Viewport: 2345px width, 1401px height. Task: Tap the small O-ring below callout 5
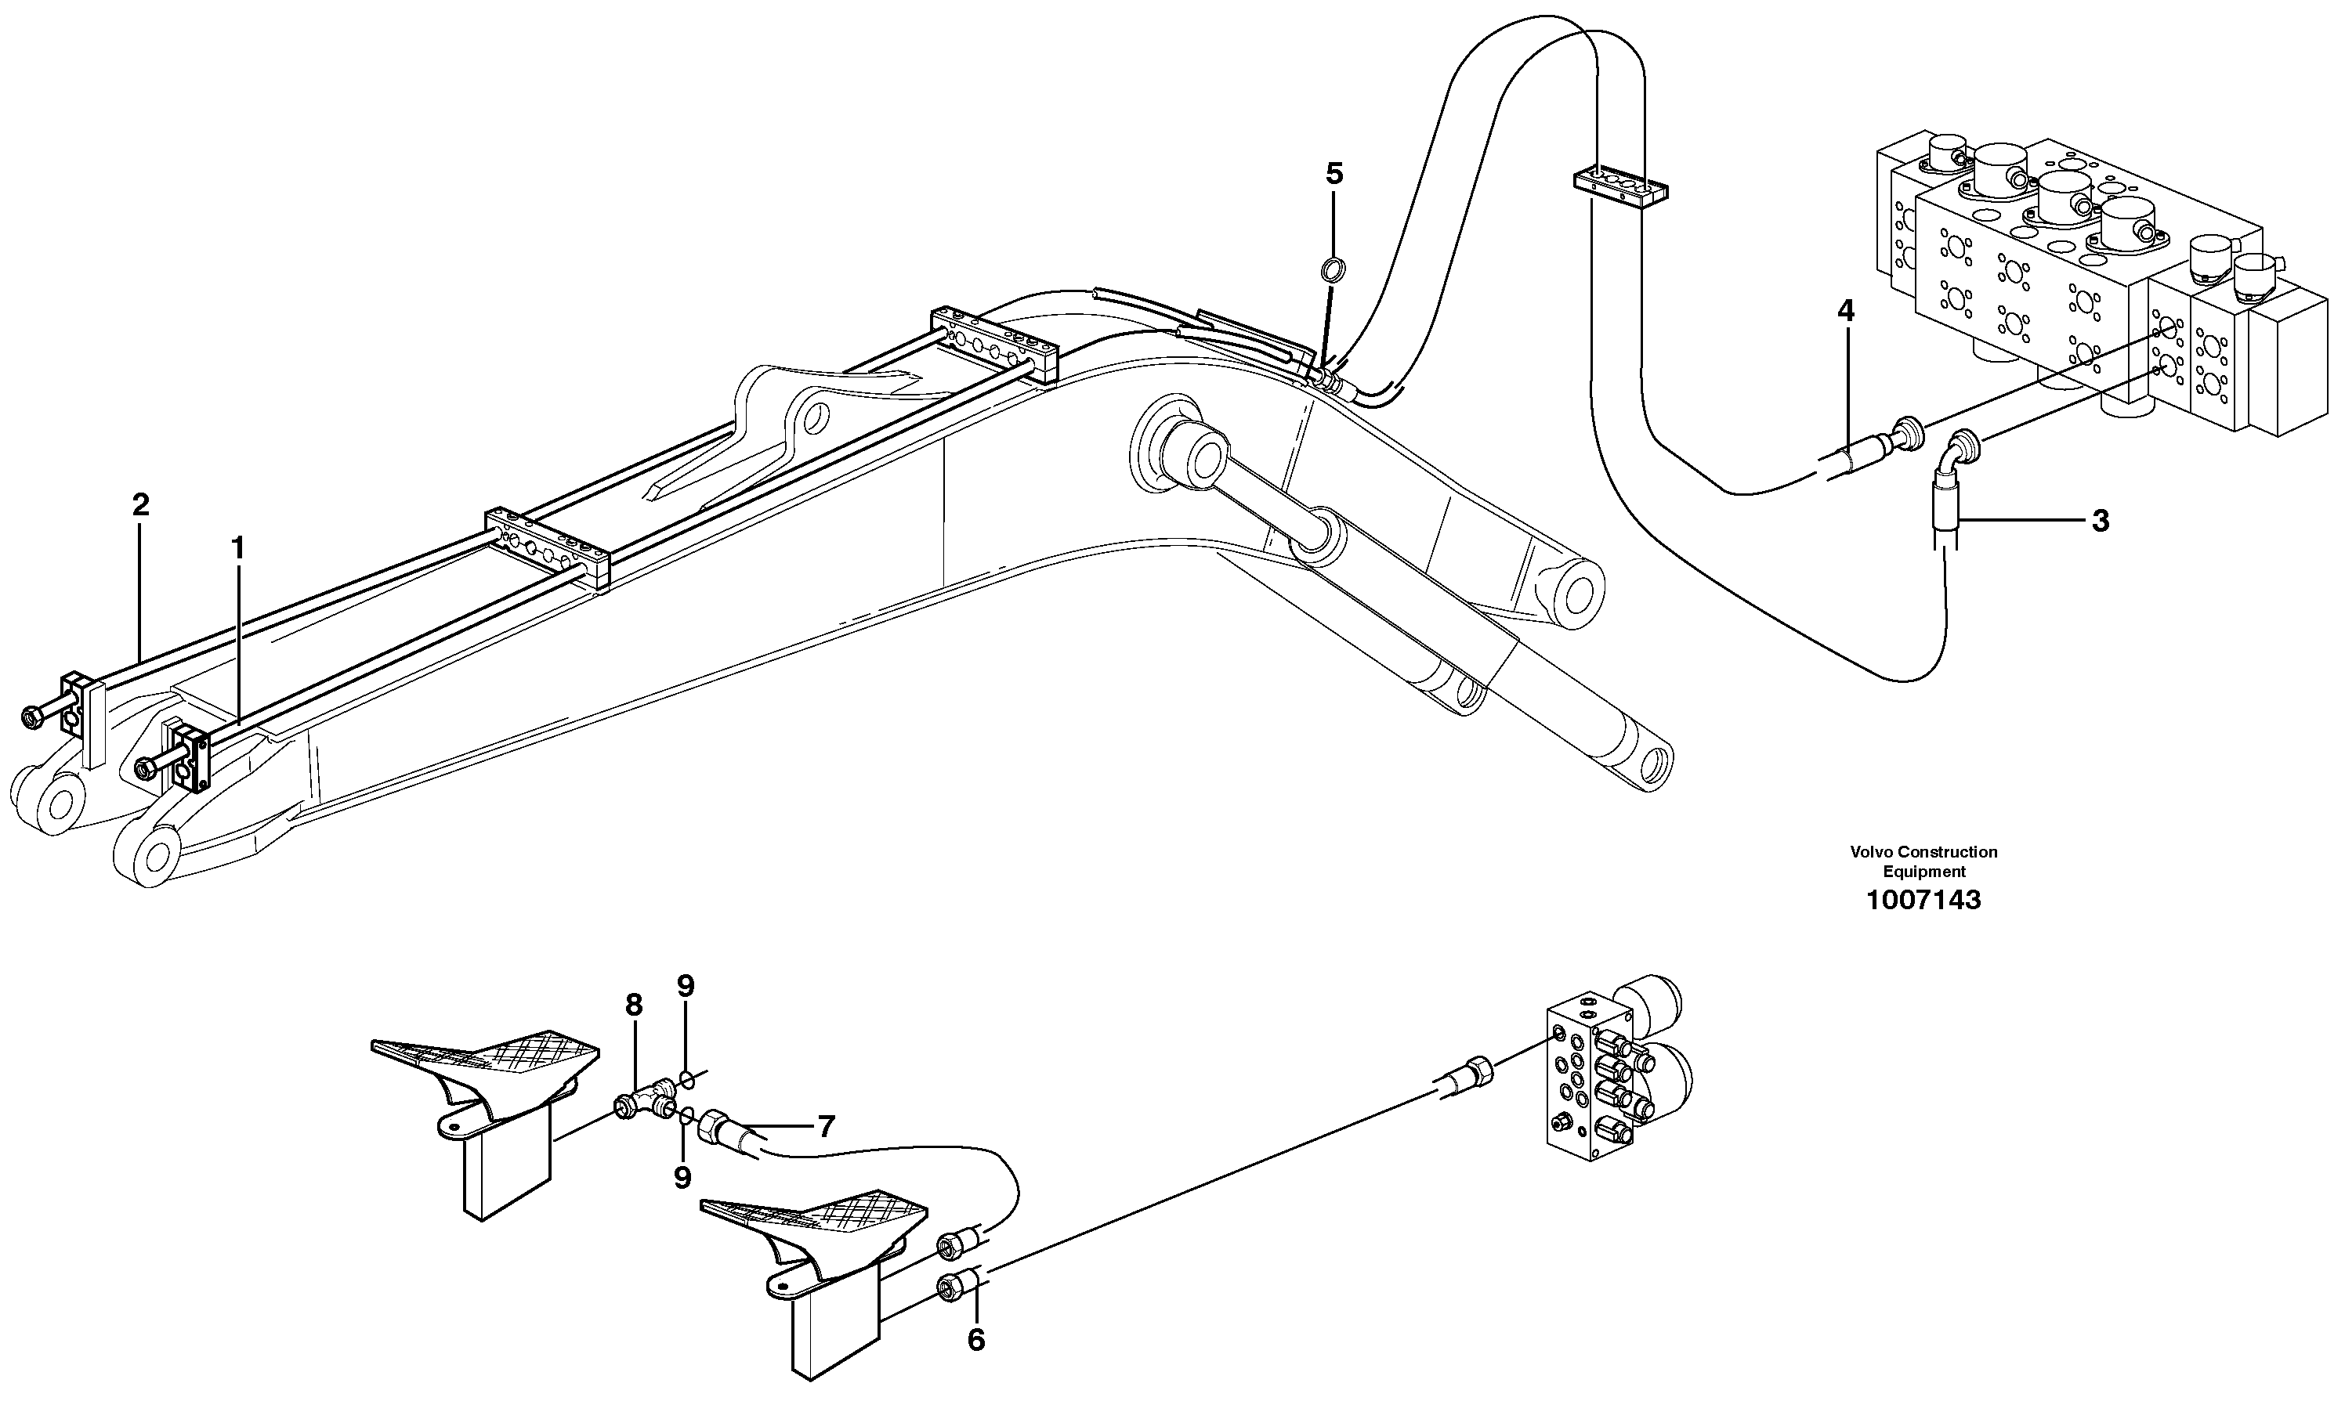pos(1333,272)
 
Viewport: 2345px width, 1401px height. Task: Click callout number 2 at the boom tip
pos(141,505)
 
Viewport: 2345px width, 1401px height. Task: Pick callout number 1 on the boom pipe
pos(238,547)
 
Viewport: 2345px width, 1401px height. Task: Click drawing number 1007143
pos(1923,901)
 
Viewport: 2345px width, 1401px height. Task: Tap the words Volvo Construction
pos(1923,853)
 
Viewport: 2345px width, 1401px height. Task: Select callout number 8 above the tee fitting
pos(633,1006)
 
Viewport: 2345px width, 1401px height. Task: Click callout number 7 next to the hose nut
pos(826,1126)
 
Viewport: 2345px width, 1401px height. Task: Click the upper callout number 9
pos(686,987)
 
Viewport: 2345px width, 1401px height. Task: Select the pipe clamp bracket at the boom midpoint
pos(548,548)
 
